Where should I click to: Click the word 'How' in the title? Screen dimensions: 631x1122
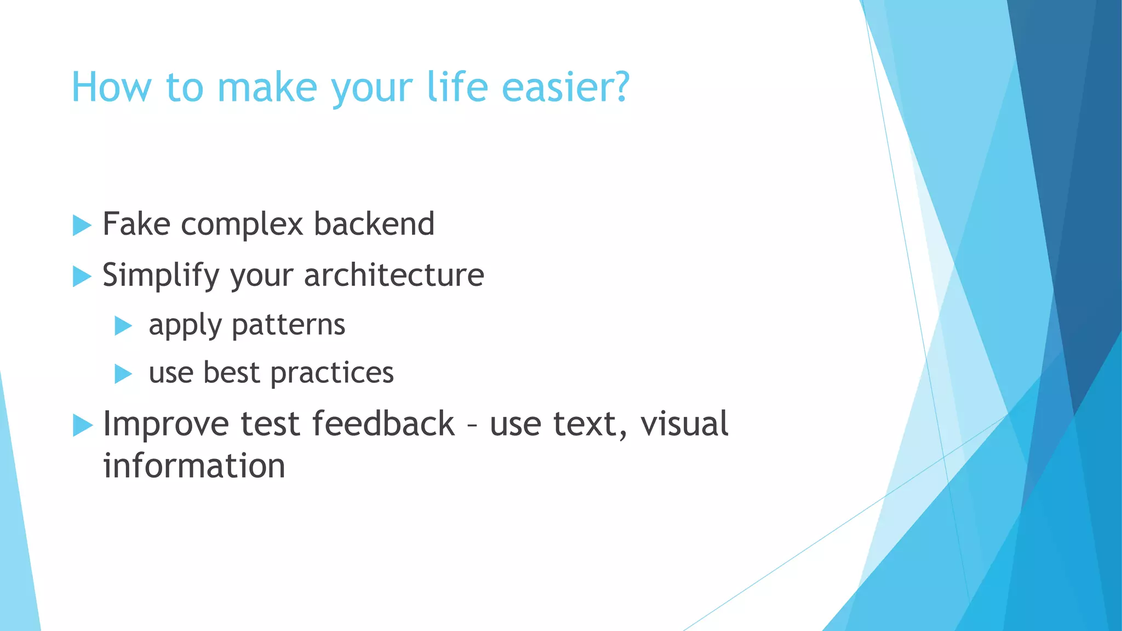pos(111,87)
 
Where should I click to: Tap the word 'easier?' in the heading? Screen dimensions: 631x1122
pos(565,87)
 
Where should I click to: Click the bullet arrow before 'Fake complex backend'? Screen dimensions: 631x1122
pos(82,225)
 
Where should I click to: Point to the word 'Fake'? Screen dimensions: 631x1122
pos(136,224)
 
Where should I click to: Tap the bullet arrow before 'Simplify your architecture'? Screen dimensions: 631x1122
pos(82,276)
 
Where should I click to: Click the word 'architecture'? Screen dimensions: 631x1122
pos(394,275)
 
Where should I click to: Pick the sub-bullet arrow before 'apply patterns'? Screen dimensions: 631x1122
pos(123,326)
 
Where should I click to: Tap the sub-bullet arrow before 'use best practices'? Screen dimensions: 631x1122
pos(123,374)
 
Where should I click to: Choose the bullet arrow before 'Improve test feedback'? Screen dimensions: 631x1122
pos(82,426)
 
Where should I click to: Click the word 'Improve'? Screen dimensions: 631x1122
pos(165,425)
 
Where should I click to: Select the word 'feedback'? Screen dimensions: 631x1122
pos(383,423)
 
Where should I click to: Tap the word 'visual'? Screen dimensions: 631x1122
pos(684,423)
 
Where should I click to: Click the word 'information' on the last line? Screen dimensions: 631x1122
pos(194,466)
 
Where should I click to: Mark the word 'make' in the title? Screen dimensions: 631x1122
pos(267,87)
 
